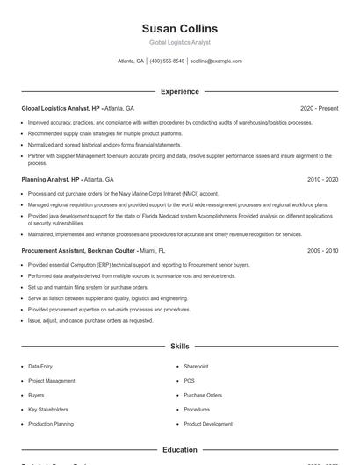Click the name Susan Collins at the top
tap(179, 28)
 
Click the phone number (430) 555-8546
tap(167, 61)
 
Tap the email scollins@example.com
tap(216, 61)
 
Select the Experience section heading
tap(179, 91)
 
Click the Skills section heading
tap(179, 347)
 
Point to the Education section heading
tap(179, 450)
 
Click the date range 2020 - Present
tap(319, 108)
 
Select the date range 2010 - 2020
tap(322, 179)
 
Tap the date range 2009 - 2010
tap(322, 250)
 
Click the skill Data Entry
tap(40, 366)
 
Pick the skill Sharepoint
tap(196, 366)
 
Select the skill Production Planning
tap(51, 424)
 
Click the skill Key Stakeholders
tap(47, 410)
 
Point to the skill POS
tap(189, 381)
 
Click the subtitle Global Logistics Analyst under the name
tap(179, 42)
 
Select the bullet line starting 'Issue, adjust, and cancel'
tap(90, 320)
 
